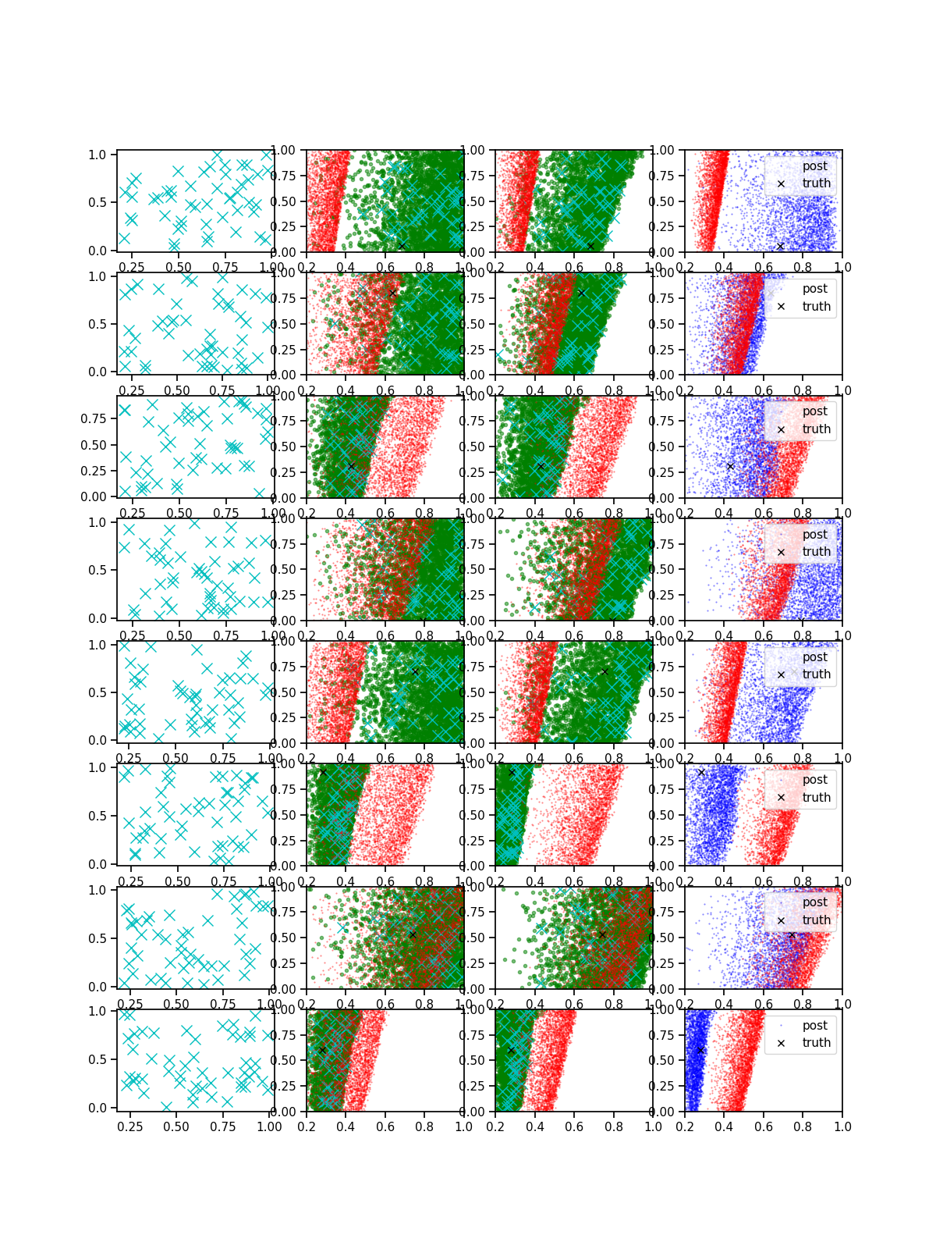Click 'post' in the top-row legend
(x=814, y=166)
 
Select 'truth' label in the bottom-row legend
(x=816, y=1043)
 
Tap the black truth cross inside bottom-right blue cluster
(x=700, y=1051)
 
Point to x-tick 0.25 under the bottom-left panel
(x=130, y=1126)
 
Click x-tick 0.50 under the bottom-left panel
(x=177, y=1126)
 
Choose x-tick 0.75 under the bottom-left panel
(x=224, y=1126)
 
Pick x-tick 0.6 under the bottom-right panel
(x=764, y=1126)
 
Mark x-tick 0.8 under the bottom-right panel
(x=803, y=1126)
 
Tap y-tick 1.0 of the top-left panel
(x=97, y=155)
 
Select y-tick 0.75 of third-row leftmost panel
(x=94, y=419)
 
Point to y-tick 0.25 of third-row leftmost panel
(x=94, y=471)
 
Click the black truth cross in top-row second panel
(x=402, y=246)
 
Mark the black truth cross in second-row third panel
(x=581, y=294)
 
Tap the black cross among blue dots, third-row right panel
(x=730, y=466)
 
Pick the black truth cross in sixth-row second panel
(x=323, y=772)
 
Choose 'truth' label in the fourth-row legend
(x=816, y=552)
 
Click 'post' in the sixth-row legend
(x=814, y=780)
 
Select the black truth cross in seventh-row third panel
(x=601, y=934)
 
